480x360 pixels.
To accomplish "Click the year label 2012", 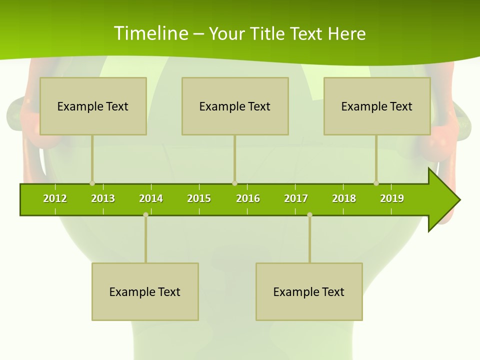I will click(55, 198).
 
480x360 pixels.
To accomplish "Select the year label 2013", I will click(103, 198).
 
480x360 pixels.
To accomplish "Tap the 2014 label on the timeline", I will click(151, 198).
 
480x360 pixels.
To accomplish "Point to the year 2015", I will click(199, 198).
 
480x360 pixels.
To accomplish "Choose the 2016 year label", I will click(248, 198).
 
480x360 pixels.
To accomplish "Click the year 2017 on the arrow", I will click(296, 198).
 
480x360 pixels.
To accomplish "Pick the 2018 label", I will click(344, 198).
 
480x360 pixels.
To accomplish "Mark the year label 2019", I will click(392, 198).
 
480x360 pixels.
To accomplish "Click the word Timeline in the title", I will click(150, 33).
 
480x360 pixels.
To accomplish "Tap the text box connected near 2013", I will click(93, 106).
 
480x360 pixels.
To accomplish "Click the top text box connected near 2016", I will click(235, 106).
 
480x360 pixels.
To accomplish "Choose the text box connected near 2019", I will click(377, 106).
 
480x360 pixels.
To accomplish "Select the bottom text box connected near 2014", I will click(145, 291).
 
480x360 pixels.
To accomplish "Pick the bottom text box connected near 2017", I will click(309, 291).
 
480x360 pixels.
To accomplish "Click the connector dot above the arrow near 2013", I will click(92, 183).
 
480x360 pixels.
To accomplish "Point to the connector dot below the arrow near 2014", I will click(145, 214).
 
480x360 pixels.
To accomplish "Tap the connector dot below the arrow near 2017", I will click(309, 214).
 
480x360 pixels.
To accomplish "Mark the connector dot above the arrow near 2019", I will click(376, 183).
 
